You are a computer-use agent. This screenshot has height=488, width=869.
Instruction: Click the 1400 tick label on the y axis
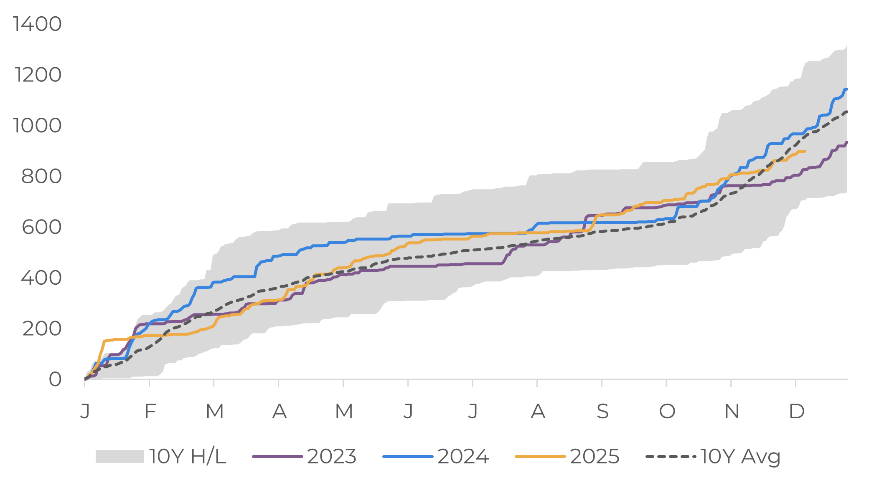click(37, 24)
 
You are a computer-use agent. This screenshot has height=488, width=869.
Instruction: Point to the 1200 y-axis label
click(38, 75)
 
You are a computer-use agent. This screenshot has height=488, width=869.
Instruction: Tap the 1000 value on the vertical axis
click(37, 125)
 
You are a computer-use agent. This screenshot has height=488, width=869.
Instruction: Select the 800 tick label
click(41, 176)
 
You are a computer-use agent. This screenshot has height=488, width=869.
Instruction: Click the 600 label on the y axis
click(41, 227)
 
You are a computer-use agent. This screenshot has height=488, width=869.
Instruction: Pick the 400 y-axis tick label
click(41, 278)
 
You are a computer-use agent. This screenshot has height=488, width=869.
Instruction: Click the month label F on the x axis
click(150, 412)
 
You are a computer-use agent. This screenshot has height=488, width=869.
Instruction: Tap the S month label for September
click(602, 412)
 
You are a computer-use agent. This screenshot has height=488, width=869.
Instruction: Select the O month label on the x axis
click(667, 412)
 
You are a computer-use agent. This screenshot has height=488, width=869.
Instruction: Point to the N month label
click(732, 412)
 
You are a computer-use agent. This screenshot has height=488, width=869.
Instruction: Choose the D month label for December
click(797, 412)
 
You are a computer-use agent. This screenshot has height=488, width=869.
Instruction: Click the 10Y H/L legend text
click(188, 456)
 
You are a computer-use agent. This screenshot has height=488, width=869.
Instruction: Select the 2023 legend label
click(332, 456)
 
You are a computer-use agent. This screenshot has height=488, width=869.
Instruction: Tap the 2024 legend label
click(463, 456)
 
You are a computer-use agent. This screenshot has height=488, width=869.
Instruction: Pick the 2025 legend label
click(595, 456)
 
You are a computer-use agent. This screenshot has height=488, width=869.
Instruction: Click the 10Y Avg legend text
click(740, 456)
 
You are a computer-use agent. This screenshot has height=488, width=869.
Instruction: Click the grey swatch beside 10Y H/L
click(119, 456)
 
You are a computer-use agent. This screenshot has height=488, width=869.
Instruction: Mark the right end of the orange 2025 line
click(805, 151)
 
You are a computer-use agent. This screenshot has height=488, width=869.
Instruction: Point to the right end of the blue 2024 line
click(846, 89)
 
